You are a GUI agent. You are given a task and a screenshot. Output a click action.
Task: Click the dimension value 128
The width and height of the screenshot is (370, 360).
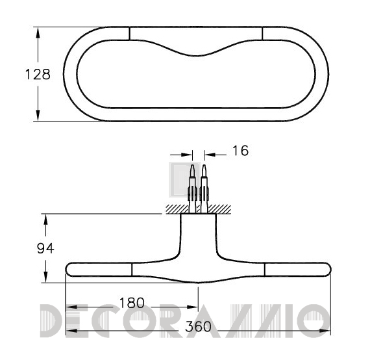[x=38, y=75]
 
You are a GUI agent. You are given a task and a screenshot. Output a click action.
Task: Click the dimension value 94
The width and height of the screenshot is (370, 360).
[x=45, y=248]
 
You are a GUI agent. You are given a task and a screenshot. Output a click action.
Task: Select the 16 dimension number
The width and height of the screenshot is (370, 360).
[x=240, y=151]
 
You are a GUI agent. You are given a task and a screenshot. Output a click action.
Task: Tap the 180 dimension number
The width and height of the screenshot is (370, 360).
[x=132, y=303]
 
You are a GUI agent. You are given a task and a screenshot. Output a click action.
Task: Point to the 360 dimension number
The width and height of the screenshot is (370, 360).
[x=198, y=326]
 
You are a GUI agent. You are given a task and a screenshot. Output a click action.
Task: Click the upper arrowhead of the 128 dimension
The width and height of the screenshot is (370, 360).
[x=38, y=32]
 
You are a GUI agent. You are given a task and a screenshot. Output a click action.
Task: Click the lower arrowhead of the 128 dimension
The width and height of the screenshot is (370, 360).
[x=38, y=116]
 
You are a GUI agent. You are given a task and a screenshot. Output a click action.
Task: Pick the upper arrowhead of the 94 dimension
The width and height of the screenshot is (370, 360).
[x=45, y=220]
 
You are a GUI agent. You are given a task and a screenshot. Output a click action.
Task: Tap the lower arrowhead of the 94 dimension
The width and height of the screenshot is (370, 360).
[x=45, y=277]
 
